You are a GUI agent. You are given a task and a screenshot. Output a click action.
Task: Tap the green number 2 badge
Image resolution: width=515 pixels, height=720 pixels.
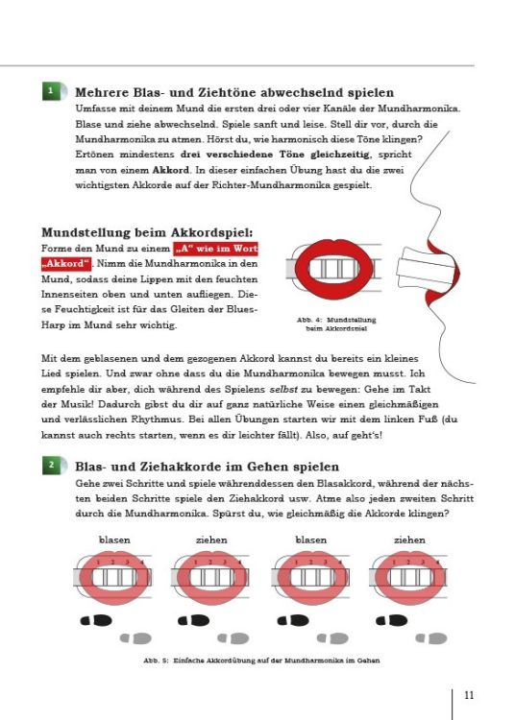click(x=50, y=465)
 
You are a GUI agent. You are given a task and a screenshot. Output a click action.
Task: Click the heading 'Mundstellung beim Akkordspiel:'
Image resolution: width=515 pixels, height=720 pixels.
click(x=148, y=232)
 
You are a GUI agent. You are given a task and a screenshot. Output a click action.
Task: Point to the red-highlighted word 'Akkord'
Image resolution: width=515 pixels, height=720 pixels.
click(x=65, y=264)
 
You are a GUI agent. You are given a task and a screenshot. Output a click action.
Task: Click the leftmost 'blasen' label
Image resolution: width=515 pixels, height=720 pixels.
click(x=114, y=539)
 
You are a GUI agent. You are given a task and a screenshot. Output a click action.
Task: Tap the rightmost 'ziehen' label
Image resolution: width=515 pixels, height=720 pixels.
click(x=409, y=539)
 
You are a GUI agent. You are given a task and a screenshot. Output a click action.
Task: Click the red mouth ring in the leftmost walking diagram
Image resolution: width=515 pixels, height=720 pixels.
click(x=114, y=579)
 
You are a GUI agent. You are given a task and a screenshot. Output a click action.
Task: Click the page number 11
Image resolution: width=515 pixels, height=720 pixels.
click(x=469, y=695)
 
